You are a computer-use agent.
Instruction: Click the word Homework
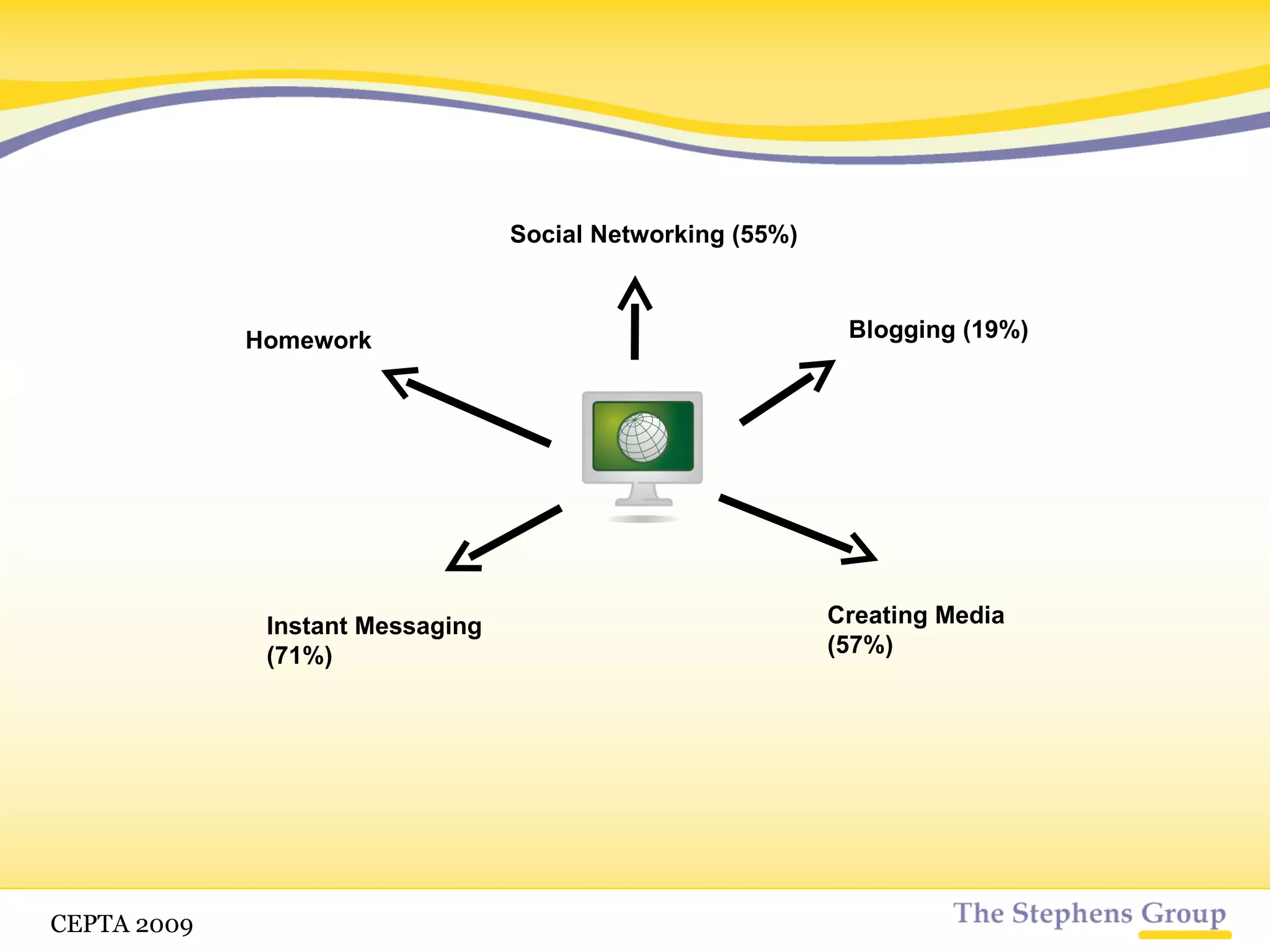pos(308,340)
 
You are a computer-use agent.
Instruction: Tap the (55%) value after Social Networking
pos(764,235)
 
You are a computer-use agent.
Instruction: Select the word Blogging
pos(902,330)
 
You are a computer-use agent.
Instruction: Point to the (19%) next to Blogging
pos(995,330)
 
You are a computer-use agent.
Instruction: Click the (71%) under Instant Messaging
pos(300,656)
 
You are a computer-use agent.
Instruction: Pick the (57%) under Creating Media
pos(860,645)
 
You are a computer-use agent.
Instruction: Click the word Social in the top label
pos(546,235)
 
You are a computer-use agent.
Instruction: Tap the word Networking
pos(657,235)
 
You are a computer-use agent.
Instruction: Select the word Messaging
pos(418,627)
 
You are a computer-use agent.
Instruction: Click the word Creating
pos(877,615)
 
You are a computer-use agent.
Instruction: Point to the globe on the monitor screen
pos(642,437)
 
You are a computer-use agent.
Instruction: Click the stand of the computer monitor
pos(643,496)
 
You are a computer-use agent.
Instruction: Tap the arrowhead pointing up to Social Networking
pos(635,291)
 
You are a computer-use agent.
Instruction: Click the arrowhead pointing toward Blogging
pos(822,371)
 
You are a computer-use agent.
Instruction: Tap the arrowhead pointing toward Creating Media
pos(862,551)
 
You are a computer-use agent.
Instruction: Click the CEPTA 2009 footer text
pos(122,924)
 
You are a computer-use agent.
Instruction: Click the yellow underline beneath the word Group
pos(1184,935)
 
